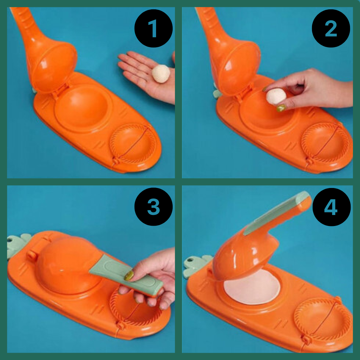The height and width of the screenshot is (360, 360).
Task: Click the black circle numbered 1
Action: click(153, 28)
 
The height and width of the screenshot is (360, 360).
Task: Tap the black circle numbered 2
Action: click(331, 28)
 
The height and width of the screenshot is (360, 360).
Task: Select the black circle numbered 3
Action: click(153, 207)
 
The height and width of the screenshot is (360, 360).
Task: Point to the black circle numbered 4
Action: click(331, 207)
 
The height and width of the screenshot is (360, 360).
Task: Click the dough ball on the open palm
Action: click(161, 73)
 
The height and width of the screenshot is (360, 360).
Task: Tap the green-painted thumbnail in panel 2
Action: click(281, 108)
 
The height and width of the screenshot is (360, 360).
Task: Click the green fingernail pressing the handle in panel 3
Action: click(129, 276)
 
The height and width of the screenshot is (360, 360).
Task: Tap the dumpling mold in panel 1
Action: click(133, 144)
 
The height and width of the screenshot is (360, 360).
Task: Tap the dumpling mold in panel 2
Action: click(325, 142)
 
